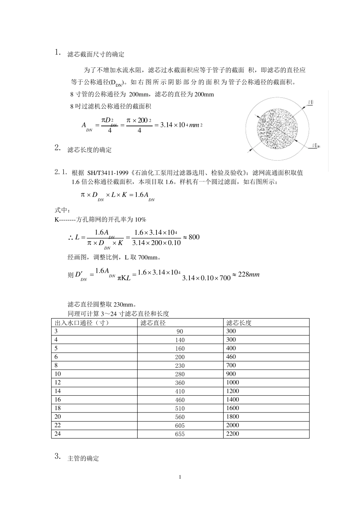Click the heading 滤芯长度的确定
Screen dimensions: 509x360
[x=89, y=150]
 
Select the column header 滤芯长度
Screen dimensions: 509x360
[x=239, y=323]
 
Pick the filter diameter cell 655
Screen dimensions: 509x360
[x=180, y=434]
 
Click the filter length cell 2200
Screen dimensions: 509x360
[x=233, y=434]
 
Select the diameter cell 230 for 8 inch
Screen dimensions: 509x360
[x=180, y=366]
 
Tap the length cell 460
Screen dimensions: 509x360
[x=231, y=357]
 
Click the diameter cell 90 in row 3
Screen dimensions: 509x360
[x=180, y=331]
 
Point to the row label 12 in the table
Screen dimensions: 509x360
[x=58, y=383]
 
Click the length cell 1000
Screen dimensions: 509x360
[x=233, y=383]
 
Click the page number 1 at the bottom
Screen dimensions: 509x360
[x=180, y=477]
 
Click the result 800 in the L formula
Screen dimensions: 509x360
[x=194, y=237]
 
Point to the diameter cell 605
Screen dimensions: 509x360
[x=180, y=426]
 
